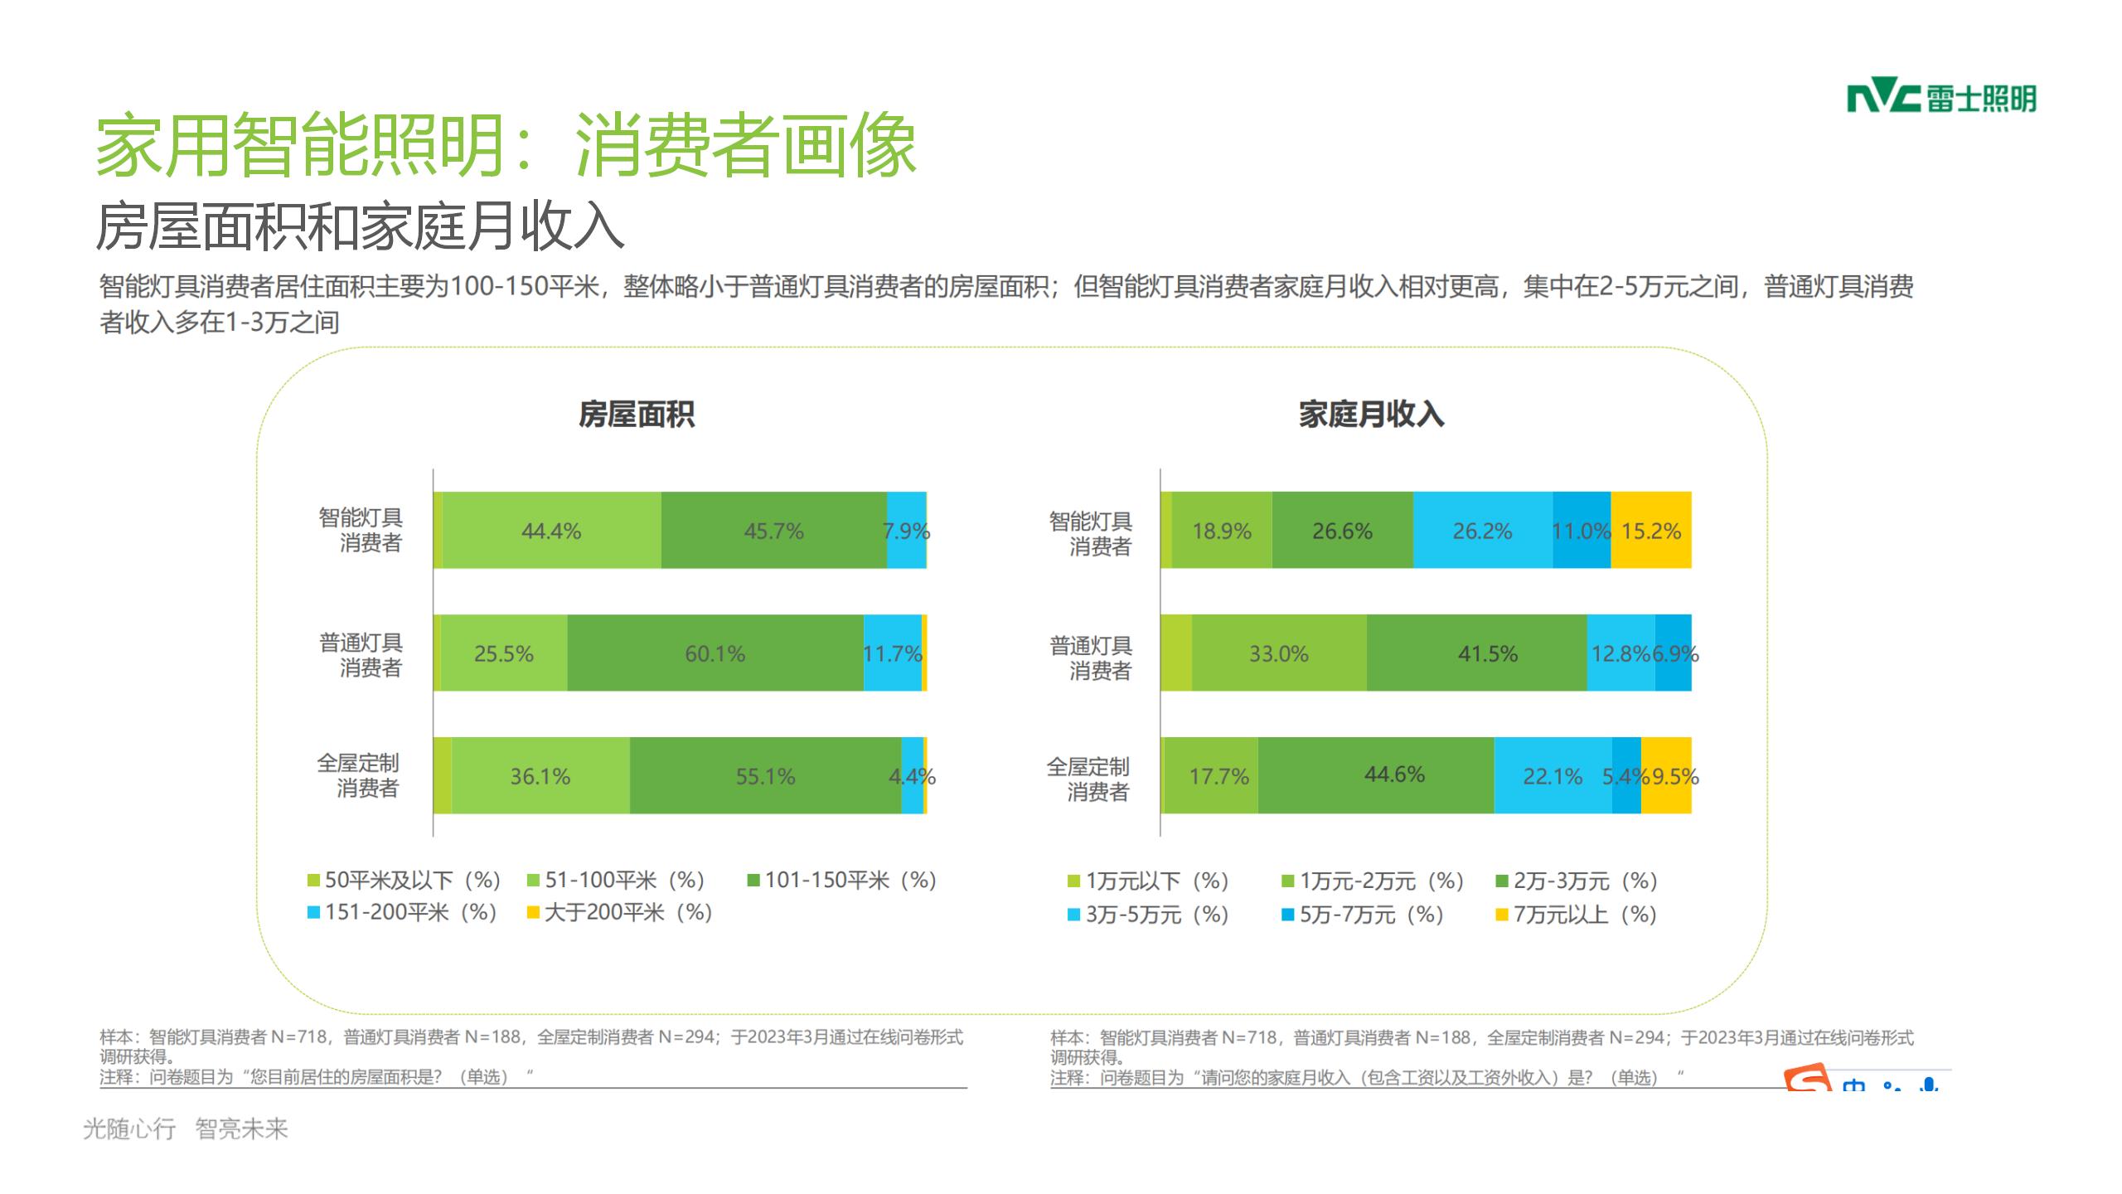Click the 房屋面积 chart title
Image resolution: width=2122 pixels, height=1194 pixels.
(637, 414)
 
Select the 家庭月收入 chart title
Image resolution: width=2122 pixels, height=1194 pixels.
(1371, 414)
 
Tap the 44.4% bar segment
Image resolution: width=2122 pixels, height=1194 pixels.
(551, 531)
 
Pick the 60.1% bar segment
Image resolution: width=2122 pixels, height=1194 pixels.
(715, 653)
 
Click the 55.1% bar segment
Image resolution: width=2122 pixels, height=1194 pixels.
(765, 776)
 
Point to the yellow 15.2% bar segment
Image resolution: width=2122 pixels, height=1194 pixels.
(1651, 531)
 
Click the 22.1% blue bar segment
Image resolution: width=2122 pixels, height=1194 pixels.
(1553, 776)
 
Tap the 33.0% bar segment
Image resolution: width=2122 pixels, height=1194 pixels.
(1279, 653)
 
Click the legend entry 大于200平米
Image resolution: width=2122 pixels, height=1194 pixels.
(620, 913)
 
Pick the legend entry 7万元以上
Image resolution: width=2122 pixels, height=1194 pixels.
(1576, 915)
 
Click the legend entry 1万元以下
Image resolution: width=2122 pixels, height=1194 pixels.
(1148, 881)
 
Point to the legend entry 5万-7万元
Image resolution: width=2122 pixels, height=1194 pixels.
(1363, 915)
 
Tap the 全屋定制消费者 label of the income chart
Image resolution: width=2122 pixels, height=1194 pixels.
(1088, 779)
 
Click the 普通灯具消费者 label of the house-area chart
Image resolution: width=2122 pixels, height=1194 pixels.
(361, 654)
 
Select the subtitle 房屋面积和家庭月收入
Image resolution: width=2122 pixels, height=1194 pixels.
(360, 226)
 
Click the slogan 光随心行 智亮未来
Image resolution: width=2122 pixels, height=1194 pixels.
(185, 1128)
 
